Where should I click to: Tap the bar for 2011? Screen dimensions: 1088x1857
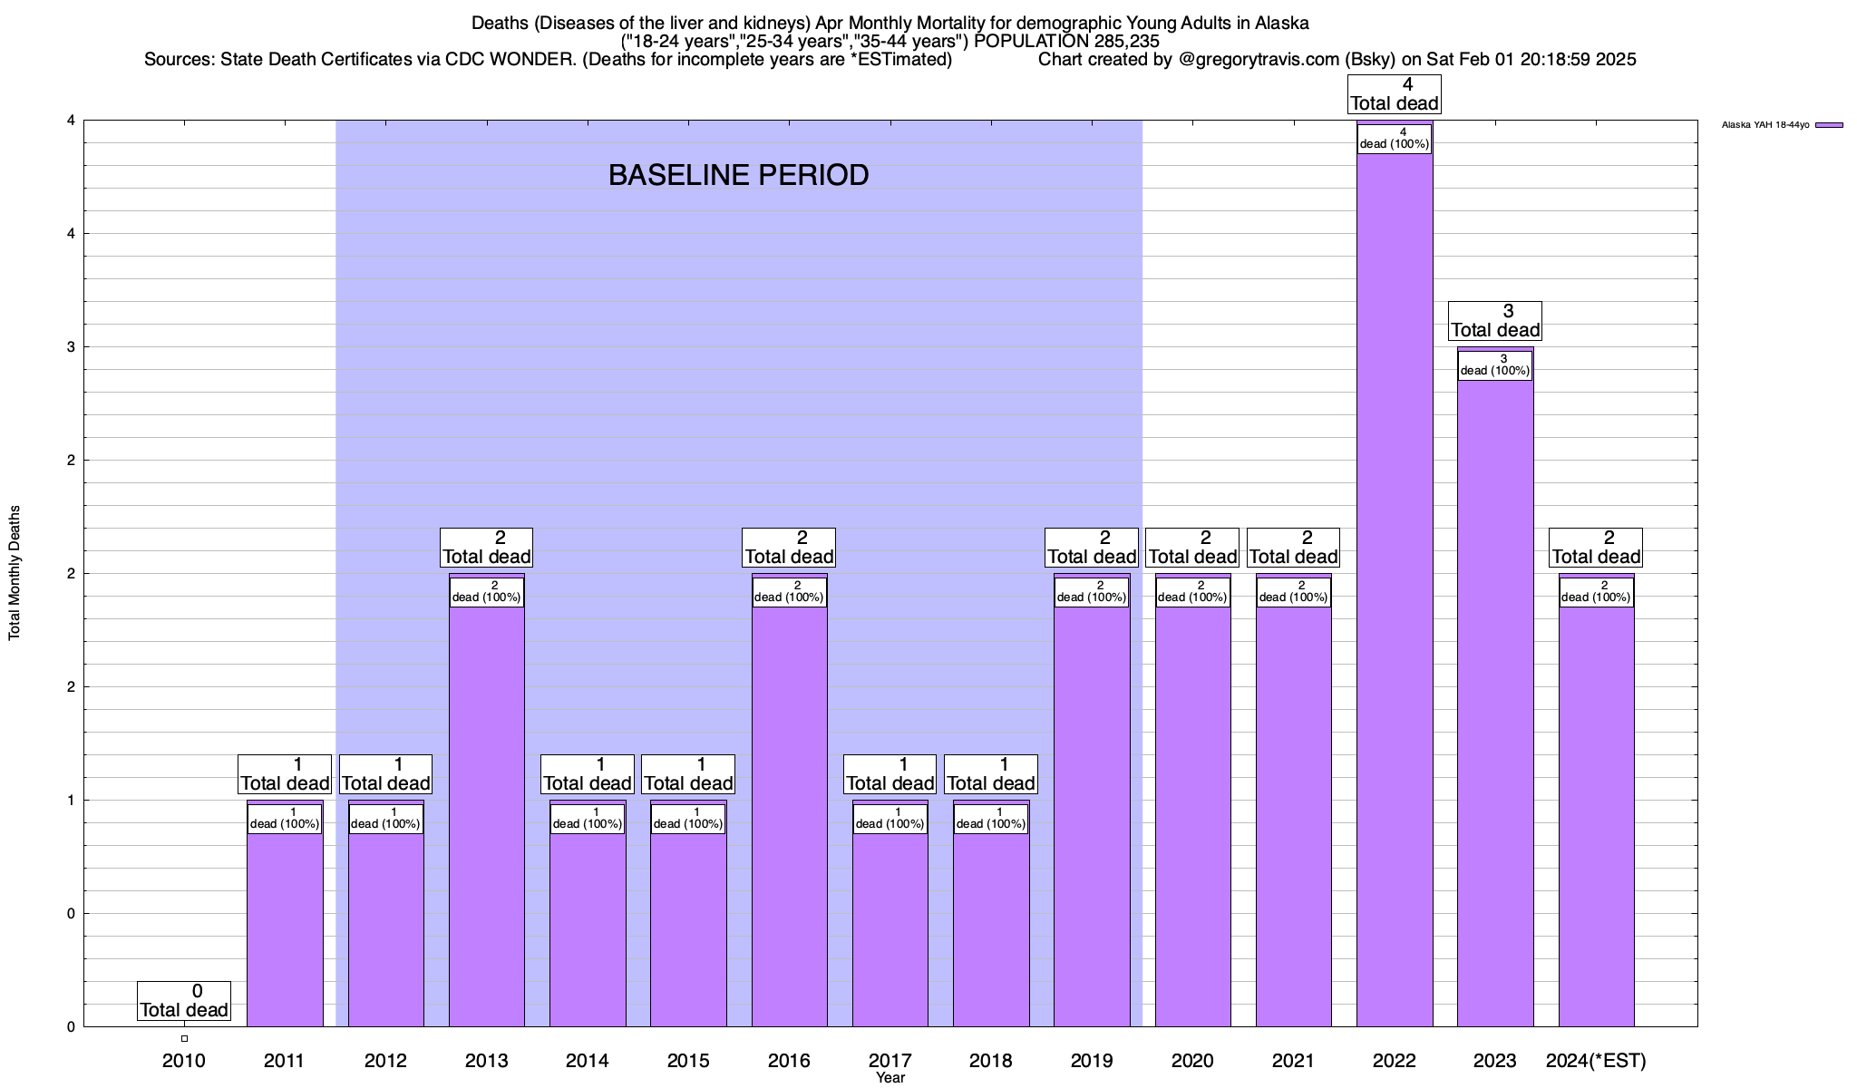click(x=285, y=925)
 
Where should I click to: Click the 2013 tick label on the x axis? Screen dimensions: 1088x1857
click(x=486, y=1060)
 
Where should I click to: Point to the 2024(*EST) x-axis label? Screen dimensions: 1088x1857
click(x=1596, y=1060)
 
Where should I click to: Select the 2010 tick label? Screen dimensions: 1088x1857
click(x=184, y=1060)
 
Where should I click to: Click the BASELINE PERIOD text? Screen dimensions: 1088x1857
click(x=738, y=175)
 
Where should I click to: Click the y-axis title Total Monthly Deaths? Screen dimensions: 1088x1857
click(x=15, y=573)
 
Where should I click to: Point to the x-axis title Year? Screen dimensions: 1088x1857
click(x=890, y=1078)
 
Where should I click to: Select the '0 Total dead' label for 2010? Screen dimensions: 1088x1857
click(x=184, y=1001)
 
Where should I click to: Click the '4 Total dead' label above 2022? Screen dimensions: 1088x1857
click(x=1395, y=94)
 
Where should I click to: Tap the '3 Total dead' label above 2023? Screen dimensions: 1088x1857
click(x=1495, y=321)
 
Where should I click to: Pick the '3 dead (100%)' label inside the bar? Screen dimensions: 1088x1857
click(x=1495, y=365)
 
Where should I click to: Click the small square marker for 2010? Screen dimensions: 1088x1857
click(x=184, y=1038)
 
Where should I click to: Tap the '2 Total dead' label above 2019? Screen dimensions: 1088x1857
click(x=1092, y=548)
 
